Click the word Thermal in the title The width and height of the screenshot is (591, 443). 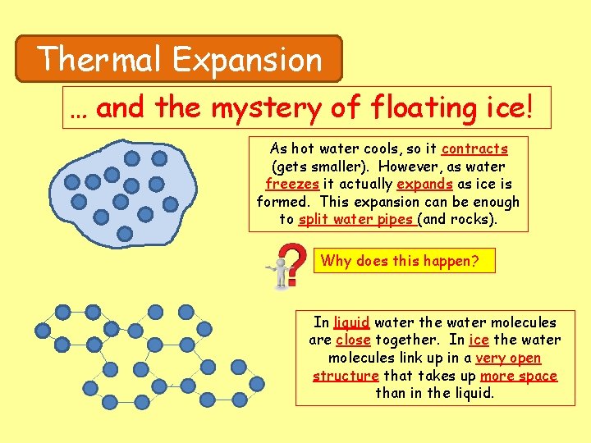(x=100, y=59)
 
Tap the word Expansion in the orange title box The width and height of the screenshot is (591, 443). (x=247, y=59)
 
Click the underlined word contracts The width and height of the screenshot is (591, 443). (x=474, y=149)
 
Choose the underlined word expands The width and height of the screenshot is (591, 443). (x=423, y=185)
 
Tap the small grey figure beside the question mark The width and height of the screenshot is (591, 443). (x=282, y=272)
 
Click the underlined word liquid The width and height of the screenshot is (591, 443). (x=351, y=323)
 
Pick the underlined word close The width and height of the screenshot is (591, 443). (x=353, y=340)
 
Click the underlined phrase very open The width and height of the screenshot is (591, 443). (x=508, y=359)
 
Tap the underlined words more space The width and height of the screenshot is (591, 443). (x=519, y=377)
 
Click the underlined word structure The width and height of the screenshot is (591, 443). (x=346, y=377)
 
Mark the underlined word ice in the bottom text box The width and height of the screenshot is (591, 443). (x=479, y=340)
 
